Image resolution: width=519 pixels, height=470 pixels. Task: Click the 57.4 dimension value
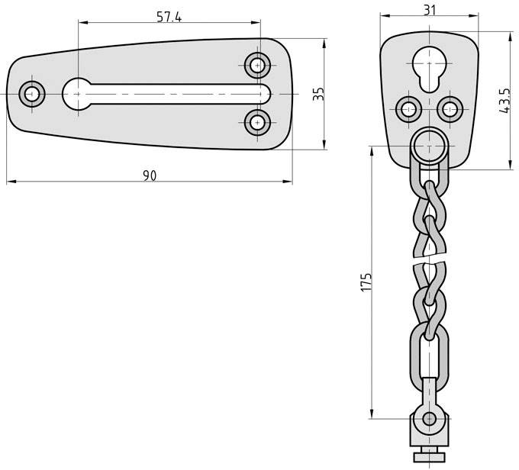(169, 17)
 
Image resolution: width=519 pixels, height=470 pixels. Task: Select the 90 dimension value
(150, 175)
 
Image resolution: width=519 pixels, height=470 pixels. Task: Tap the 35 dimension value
(319, 94)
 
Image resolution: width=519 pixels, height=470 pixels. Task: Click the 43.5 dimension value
(504, 101)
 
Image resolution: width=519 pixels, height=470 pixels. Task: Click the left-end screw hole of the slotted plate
(32, 95)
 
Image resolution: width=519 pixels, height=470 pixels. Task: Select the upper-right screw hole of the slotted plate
(259, 66)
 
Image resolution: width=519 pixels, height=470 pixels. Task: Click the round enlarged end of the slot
(76, 94)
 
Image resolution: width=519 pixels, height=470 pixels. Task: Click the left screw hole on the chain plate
(406, 108)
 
